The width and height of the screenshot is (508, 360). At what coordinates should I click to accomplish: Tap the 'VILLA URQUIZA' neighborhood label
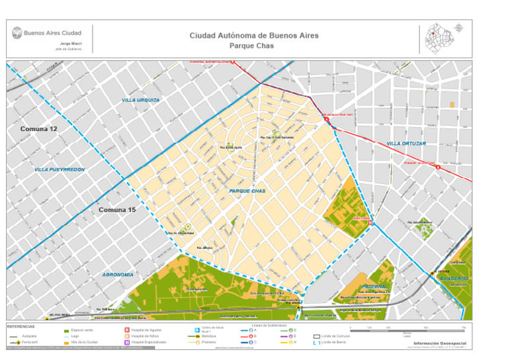point(140,100)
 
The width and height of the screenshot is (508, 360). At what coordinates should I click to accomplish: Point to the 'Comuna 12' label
point(38,128)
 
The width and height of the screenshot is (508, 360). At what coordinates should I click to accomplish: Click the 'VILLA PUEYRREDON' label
point(60,170)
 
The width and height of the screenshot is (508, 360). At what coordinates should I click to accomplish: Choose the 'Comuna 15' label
point(117,210)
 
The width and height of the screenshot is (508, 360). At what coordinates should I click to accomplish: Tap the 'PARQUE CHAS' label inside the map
point(247,191)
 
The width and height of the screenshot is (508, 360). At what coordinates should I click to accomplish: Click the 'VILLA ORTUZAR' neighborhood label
point(406,144)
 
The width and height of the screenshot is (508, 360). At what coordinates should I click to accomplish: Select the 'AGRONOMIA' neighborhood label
point(118,274)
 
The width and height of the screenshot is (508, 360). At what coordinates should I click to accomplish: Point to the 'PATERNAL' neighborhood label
point(374,287)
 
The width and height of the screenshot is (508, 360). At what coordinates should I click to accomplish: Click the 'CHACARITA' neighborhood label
point(454,279)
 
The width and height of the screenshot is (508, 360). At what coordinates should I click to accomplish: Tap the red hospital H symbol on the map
point(371,223)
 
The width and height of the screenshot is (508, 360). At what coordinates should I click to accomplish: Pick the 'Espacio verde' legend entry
point(79,330)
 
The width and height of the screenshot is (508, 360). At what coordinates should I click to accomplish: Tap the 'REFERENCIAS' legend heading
point(22,326)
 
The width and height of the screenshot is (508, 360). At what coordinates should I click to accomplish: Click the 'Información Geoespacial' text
point(439,343)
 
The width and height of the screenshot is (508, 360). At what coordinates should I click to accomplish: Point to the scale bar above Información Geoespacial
point(407,330)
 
